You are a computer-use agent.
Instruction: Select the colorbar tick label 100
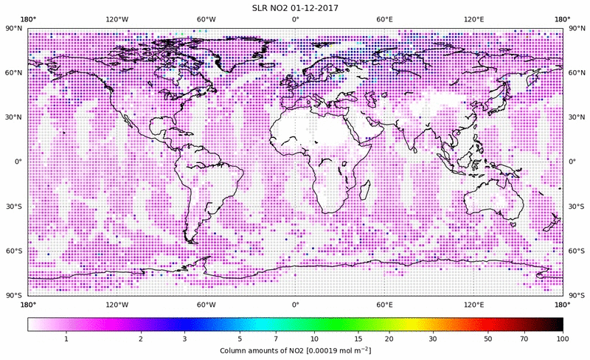(563, 338)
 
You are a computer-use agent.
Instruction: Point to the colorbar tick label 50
(488, 338)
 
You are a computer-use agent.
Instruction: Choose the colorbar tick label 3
(185, 338)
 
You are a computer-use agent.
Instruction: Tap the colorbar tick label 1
(66, 338)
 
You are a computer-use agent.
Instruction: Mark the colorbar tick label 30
(434, 338)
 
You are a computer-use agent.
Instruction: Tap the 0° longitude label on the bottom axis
(296, 304)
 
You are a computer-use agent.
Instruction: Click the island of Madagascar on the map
(364, 190)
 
